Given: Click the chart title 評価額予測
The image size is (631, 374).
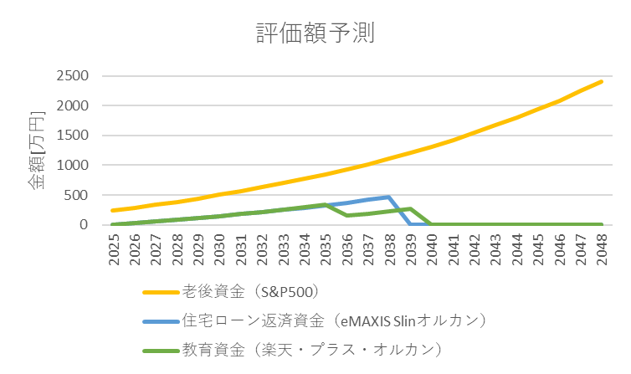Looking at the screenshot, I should click(x=315, y=33).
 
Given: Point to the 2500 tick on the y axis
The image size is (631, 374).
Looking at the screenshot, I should click(x=73, y=76).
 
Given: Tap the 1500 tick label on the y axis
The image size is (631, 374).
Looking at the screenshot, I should click(x=73, y=136).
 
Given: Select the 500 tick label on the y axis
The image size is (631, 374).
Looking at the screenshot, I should click(x=77, y=195).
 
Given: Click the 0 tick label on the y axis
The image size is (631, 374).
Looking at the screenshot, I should click(x=85, y=225).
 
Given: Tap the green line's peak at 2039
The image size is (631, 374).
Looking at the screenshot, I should click(x=410, y=208).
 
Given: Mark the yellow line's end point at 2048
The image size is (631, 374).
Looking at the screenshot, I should click(x=600, y=81).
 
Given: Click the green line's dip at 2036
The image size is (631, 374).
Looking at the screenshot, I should click(x=346, y=215).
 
